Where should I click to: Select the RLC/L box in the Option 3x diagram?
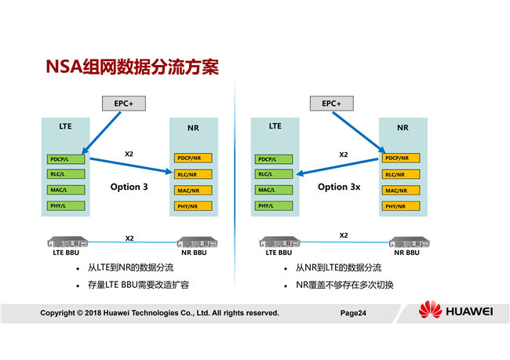[x=273, y=174]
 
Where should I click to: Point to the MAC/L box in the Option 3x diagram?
[x=273, y=190]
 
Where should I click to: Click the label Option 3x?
[x=338, y=187]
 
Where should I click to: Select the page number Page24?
[x=354, y=313]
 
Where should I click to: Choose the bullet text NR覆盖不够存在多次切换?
[x=344, y=284]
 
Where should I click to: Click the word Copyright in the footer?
[x=62, y=313]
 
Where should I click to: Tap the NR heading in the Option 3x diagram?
[x=403, y=127]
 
